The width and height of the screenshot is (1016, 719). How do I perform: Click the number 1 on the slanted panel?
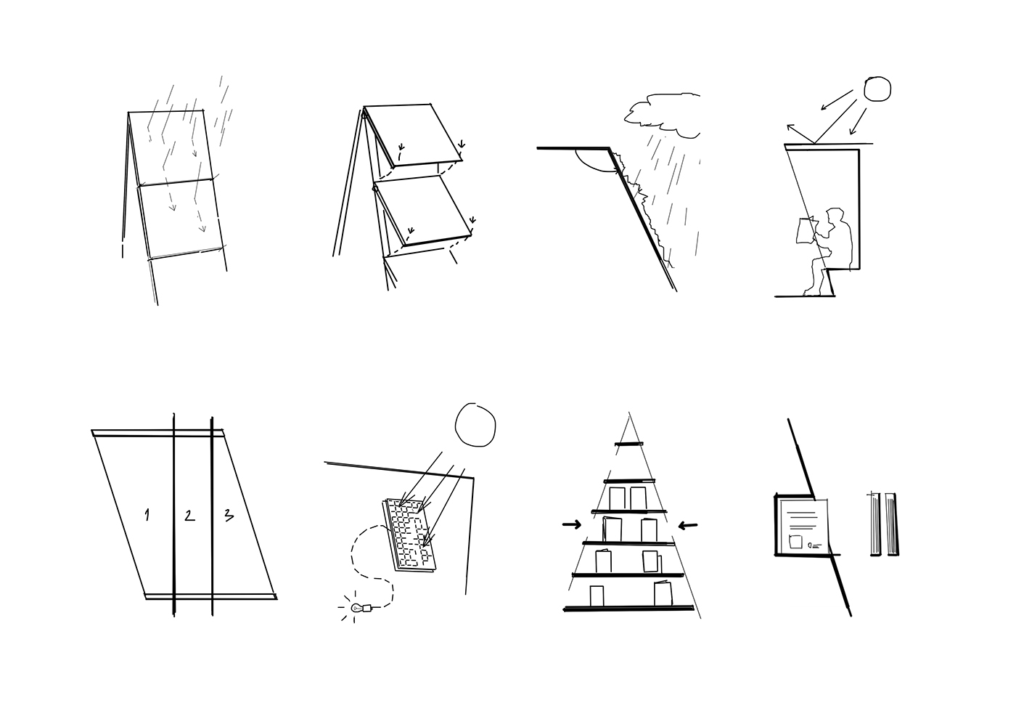147,515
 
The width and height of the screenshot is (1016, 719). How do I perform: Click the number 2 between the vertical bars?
189,515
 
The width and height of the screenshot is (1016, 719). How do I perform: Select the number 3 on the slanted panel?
229,515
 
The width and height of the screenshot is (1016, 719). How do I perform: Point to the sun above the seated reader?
877,89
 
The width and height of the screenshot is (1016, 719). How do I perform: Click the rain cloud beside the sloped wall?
662,115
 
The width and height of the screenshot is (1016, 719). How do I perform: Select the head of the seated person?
834,217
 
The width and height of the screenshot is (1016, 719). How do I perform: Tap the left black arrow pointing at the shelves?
572,524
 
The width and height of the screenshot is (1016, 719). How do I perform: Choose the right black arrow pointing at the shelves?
688,526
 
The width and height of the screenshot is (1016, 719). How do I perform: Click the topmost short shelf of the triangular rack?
628,444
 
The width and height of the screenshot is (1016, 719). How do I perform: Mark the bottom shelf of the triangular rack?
628,608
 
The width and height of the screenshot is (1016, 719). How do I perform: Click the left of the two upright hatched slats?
875,524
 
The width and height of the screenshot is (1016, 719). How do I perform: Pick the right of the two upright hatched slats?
892,524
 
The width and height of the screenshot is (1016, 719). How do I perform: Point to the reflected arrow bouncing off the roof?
800,134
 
